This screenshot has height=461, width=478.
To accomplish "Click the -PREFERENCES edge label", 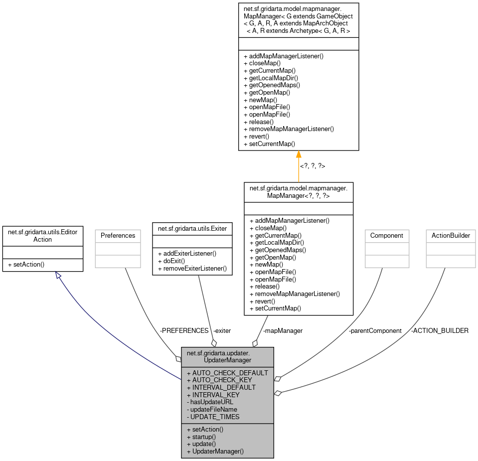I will [x=184, y=330].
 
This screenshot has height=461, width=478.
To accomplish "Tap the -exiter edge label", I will [x=222, y=330].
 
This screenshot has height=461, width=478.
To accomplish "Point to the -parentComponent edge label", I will [x=375, y=330].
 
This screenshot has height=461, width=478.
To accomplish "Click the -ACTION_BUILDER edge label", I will [x=440, y=330].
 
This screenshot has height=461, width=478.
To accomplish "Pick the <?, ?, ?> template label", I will [x=313, y=165].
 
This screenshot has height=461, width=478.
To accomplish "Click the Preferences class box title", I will [x=118, y=235].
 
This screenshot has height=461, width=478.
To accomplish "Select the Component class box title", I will [x=387, y=235].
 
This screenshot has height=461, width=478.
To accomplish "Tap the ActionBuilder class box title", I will [x=450, y=235].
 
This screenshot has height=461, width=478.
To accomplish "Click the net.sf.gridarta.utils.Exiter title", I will [x=192, y=229].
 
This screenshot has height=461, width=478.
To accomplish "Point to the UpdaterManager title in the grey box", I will [x=227, y=356].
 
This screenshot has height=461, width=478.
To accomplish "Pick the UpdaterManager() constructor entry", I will [x=215, y=451].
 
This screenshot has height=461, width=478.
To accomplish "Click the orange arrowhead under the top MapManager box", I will [x=299, y=154].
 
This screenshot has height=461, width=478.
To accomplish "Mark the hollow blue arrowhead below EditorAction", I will [x=59, y=275].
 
